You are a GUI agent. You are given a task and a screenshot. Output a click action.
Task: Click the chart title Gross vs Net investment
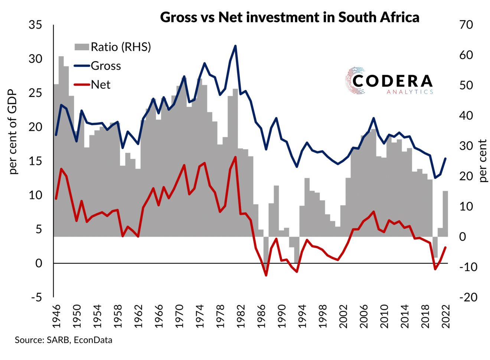290,17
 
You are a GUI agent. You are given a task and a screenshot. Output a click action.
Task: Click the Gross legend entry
106,66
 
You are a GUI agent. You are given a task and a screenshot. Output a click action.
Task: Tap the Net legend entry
101,85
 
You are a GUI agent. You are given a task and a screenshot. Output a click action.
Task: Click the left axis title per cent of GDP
13,132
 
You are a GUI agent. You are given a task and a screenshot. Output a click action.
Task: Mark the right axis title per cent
483,160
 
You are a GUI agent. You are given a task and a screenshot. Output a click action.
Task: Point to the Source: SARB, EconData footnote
63,340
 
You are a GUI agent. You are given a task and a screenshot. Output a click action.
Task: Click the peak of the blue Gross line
235,46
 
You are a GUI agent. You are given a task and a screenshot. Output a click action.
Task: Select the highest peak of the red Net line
235,157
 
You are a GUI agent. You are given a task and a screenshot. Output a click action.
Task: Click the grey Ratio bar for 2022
445,214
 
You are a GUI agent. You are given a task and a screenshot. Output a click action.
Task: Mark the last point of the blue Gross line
445,159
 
